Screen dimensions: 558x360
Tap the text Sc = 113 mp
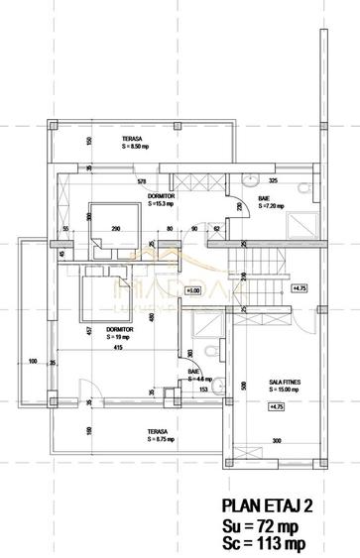tap(264, 543)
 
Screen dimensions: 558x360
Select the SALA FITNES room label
tap(285, 382)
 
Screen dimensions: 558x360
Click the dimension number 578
tap(142, 181)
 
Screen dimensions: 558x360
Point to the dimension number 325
tap(273, 181)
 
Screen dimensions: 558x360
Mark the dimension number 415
tap(117, 347)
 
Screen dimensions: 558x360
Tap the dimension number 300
tap(277, 441)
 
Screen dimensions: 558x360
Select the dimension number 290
tap(115, 229)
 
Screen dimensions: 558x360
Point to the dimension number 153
tap(201, 389)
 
